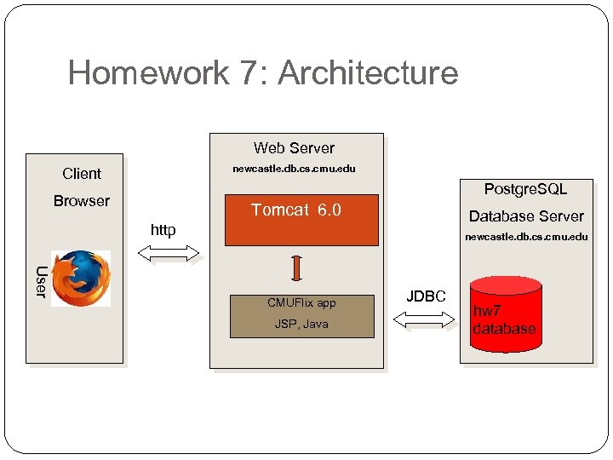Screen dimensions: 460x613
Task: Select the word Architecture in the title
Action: [368, 73]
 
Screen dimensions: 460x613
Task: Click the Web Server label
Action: [294, 148]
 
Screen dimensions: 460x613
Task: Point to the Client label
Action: [82, 174]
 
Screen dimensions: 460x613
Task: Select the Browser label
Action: [82, 201]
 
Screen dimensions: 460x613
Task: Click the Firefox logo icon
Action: [81, 278]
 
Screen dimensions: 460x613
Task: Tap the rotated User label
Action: [40, 282]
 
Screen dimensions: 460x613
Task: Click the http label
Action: [163, 230]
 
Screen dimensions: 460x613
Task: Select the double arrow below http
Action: [168, 252]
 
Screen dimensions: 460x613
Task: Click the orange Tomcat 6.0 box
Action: [296, 219]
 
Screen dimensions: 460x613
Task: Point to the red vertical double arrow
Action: [295, 267]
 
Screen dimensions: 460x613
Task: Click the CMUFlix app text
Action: [301, 302]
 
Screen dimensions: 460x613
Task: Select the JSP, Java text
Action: [301, 325]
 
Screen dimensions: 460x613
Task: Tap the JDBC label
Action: [426, 296]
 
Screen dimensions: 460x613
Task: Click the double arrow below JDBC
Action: [425, 319]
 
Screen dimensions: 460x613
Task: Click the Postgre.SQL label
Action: [525, 189]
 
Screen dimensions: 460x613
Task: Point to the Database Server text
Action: [526, 216]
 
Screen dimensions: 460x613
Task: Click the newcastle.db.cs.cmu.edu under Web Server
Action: [295, 169]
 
